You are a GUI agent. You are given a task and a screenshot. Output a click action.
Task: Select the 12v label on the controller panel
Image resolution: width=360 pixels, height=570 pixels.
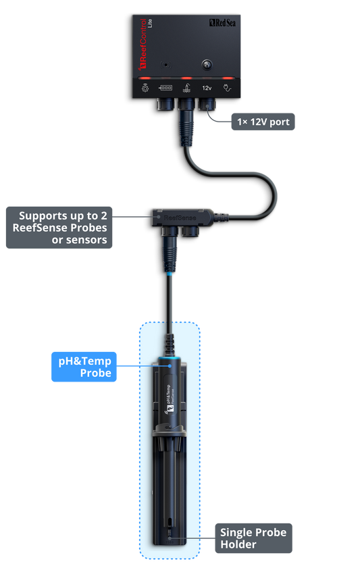point(207,88)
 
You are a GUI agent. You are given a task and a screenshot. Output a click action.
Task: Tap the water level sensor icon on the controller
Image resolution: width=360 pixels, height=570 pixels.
point(184,88)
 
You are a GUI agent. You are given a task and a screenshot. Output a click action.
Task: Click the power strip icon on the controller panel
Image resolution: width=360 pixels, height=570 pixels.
point(165,88)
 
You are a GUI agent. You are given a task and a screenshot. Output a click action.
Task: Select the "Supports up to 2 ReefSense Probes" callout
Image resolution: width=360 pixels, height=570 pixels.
point(58,228)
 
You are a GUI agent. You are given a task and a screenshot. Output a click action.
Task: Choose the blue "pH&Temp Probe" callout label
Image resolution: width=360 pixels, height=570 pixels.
point(84,367)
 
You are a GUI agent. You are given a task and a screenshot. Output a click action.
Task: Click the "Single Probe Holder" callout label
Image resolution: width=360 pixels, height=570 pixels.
point(253,538)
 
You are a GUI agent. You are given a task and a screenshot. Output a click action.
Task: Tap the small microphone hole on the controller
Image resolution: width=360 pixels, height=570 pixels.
point(165,66)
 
